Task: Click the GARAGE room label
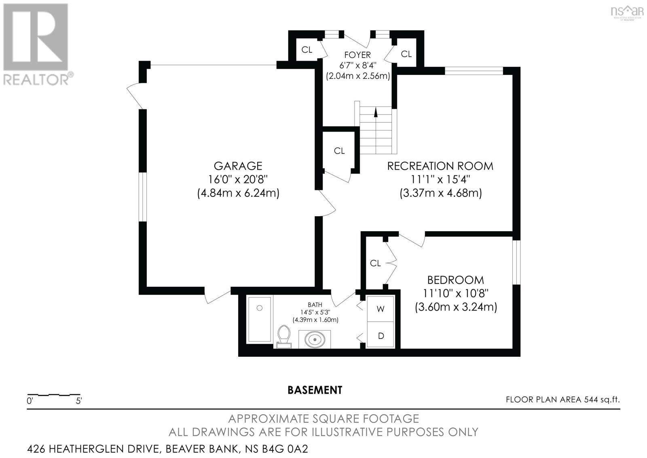[x=238, y=166]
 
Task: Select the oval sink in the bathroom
[x=314, y=339]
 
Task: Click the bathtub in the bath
[x=259, y=319]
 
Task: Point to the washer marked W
[x=380, y=309]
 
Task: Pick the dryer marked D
[x=380, y=336]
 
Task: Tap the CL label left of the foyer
[x=307, y=50]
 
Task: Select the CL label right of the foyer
[x=406, y=54]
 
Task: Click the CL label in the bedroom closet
[x=375, y=263]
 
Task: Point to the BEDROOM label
[x=455, y=280]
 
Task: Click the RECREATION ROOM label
[x=440, y=166]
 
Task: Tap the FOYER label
[x=357, y=55]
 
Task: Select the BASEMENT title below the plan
[x=315, y=390]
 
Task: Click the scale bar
[x=53, y=394]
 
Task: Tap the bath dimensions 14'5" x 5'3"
[x=315, y=312]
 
